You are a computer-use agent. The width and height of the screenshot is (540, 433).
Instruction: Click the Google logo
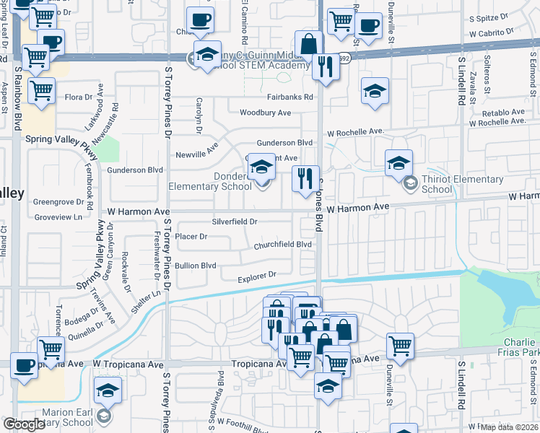(24, 424)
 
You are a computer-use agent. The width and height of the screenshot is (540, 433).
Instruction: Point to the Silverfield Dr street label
(235, 222)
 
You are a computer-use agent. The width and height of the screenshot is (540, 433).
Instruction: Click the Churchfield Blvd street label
(282, 245)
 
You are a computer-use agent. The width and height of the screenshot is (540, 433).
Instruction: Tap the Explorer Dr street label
(258, 275)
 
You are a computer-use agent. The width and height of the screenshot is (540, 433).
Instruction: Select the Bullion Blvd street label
(196, 265)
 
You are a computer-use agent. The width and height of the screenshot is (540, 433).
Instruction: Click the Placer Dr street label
(191, 236)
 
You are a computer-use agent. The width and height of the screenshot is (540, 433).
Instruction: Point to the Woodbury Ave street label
(265, 113)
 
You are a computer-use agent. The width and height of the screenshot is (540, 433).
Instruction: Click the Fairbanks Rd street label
(289, 97)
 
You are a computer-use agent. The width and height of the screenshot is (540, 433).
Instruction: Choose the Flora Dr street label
(79, 96)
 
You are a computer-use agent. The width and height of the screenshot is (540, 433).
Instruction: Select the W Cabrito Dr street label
(491, 33)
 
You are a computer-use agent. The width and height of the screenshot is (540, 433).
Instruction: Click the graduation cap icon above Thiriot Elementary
(398, 164)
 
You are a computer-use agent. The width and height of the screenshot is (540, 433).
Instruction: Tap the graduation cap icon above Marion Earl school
(108, 390)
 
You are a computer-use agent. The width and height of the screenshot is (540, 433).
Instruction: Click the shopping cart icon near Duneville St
(399, 346)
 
